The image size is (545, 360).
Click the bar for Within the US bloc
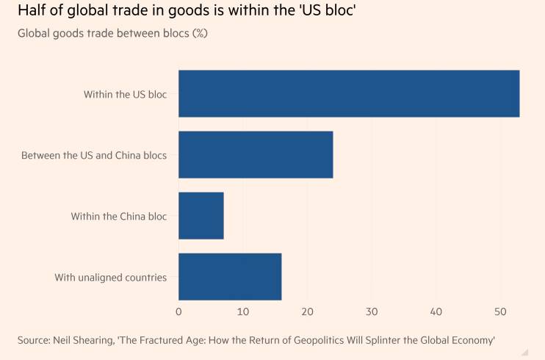click(x=349, y=93)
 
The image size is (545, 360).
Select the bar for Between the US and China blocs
click(x=256, y=154)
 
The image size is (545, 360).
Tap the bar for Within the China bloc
click(x=201, y=216)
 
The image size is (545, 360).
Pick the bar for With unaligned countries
click(x=230, y=277)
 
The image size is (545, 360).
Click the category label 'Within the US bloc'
click(x=125, y=94)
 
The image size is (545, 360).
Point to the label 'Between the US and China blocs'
click(x=94, y=155)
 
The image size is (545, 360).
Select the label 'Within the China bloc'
click(x=119, y=216)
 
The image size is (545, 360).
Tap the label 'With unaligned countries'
click(x=111, y=277)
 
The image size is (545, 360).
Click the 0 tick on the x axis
click(x=178, y=312)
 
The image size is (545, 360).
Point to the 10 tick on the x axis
click(x=243, y=312)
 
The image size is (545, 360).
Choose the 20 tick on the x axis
click(x=308, y=312)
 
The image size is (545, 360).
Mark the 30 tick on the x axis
click(x=372, y=312)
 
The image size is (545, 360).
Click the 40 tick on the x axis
click(x=436, y=312)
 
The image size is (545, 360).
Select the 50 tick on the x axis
click(x=500, y=312)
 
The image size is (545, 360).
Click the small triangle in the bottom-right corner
click(x=524, y=352)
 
